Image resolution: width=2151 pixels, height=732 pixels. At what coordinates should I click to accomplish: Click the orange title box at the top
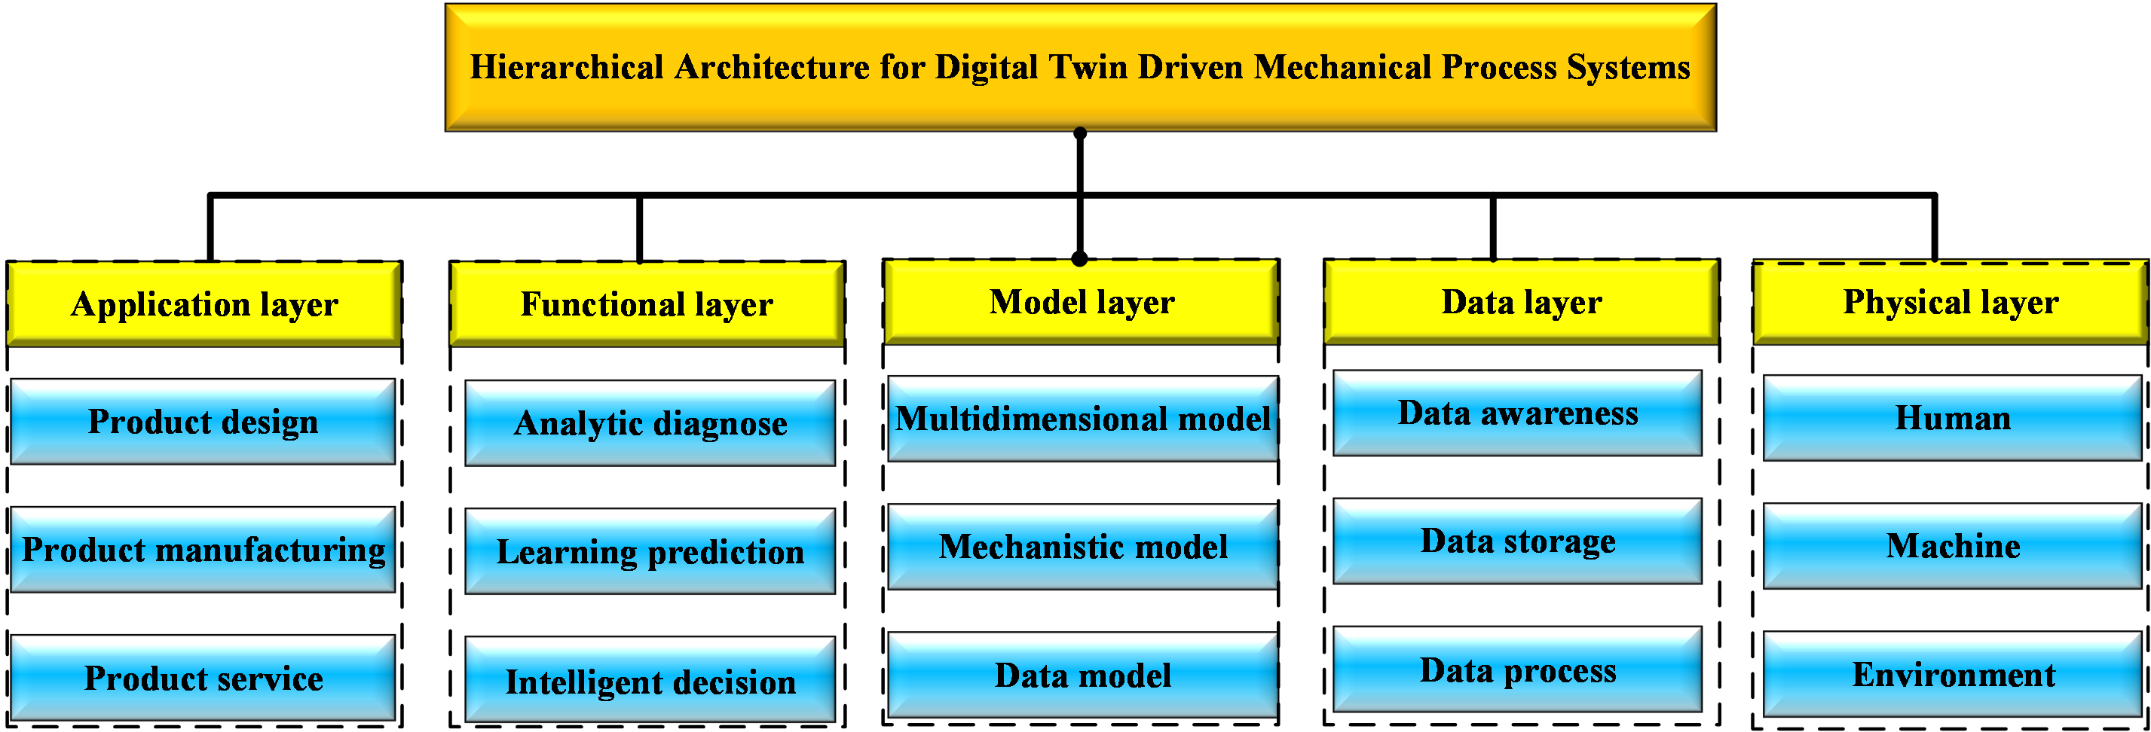[x=1081, y=68]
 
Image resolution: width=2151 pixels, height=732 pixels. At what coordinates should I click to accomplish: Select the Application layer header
[x=204, y=303]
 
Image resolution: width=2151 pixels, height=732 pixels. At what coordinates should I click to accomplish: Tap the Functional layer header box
[x=647, y=303]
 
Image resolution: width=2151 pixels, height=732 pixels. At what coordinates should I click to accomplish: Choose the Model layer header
[x=1082, y=301]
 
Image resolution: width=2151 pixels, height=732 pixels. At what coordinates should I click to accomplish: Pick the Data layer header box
[x=1522, y=301]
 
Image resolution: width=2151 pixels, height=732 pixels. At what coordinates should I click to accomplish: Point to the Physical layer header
[x=1951, y=301]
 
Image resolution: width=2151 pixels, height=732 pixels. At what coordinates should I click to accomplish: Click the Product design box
[x=203, y=422]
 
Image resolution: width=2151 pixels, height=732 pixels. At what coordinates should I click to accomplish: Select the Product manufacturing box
[x=203, y=549]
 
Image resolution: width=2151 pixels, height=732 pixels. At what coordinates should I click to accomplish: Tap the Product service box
[x=203, y=678]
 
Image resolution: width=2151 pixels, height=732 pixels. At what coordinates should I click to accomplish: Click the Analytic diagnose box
[x=650, y=423]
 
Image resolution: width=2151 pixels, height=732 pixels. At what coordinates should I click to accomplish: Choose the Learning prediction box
[x=650, y=551]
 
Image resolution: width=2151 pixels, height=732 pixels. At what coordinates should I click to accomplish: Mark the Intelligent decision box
[x=650, y=679]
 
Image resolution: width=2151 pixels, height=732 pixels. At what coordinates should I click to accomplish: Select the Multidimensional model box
[x=1083, y=418]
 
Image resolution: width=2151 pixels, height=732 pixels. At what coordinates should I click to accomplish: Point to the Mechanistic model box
[x=1083, y=547]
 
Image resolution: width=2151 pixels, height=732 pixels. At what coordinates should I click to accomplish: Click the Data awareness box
[x=1517, y=413]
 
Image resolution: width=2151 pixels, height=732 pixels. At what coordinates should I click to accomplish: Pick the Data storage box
[x=1517, y=541]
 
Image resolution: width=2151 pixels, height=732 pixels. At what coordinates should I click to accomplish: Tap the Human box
[x=1952, y=417]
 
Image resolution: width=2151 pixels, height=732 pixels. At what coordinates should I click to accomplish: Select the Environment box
[x=1952, y=673]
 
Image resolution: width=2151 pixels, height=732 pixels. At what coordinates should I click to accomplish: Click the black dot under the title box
[x=1080, y=133]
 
